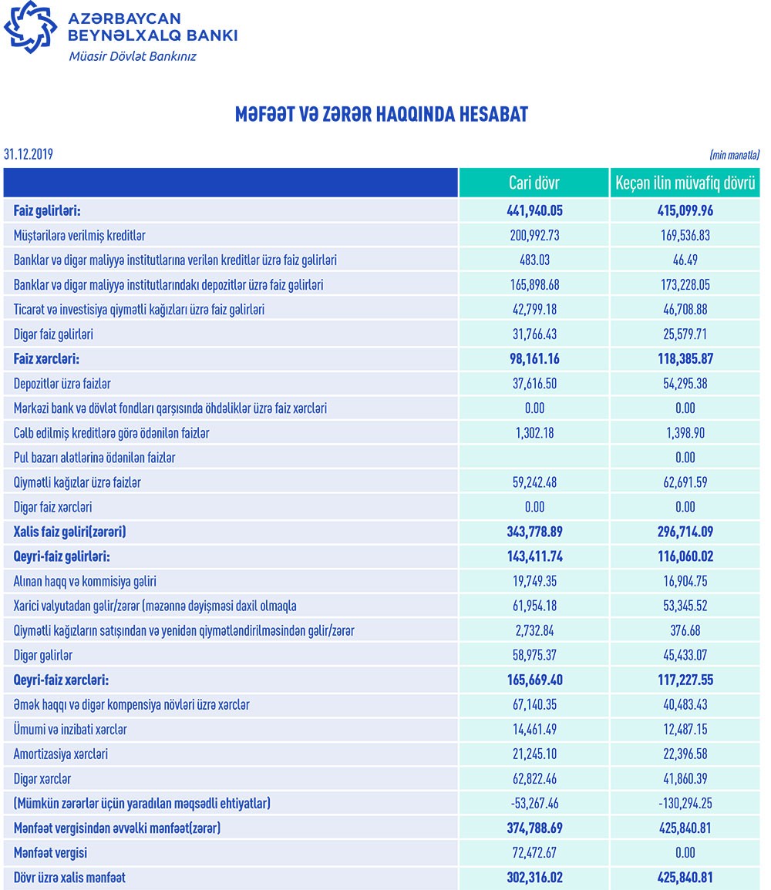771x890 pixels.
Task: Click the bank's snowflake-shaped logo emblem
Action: (30, 30)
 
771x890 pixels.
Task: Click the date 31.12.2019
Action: (29, 155)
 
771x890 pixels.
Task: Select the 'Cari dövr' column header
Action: (534, 183)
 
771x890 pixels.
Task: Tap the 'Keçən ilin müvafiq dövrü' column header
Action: (685, 183)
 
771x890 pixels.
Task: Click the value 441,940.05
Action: (534, 211)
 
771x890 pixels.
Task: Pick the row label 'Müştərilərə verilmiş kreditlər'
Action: (80, 236)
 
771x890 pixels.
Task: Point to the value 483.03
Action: (534, 260)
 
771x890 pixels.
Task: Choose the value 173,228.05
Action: (685, 285)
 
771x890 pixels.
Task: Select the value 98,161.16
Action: (534, 359)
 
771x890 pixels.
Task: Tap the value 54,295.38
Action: (685, 384)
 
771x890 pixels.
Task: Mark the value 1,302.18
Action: (534, 433)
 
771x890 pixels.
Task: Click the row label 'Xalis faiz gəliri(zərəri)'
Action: (70, 532)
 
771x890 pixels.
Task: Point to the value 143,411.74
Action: (534, 556)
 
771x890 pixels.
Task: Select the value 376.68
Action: (685, 630)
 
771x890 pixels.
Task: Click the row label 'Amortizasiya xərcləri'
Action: (61, 754)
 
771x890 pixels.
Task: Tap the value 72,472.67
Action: (534, 852)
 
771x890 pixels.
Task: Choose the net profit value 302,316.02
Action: (534, 877)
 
